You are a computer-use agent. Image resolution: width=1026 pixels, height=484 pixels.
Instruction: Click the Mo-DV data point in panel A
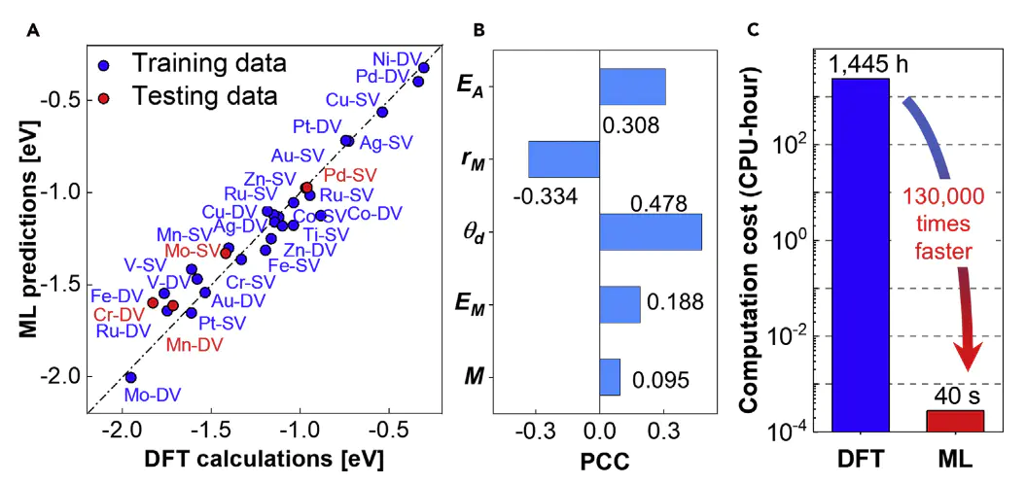[130, 377]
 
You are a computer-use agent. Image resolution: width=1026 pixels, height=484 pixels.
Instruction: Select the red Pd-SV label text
[349, 175]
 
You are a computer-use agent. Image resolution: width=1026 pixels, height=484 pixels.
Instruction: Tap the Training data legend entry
[209, 65]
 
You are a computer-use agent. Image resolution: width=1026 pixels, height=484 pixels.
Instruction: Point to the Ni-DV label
[398, 56]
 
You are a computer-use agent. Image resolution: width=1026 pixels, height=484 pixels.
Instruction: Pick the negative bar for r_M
[563, 158]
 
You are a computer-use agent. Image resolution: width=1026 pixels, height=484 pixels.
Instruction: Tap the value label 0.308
[630, 125]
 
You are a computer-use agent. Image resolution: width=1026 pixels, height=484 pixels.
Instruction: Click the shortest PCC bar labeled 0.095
[609, 377]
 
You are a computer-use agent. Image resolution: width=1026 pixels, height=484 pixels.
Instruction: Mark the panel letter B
[478, 30]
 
